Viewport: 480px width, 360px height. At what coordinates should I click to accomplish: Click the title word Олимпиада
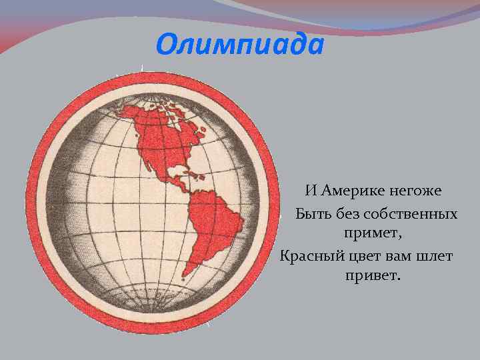click(240, 45)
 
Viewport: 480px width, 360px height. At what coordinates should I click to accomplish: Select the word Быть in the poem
click(311, 214)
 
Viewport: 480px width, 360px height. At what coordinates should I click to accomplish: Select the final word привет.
click(373, 275)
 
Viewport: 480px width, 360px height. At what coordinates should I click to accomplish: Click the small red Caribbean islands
click(198, 176)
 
